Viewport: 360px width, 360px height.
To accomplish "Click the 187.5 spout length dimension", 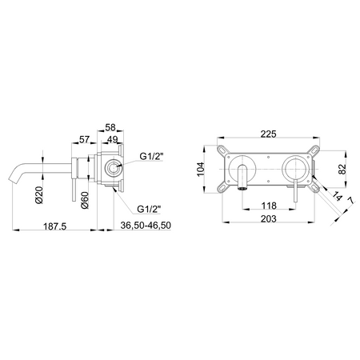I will [57, 226].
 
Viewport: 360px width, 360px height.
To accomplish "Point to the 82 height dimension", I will [342, 170].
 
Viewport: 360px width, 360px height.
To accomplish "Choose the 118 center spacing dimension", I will [269, 206].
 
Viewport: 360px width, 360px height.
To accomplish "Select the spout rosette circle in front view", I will [245, 170].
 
